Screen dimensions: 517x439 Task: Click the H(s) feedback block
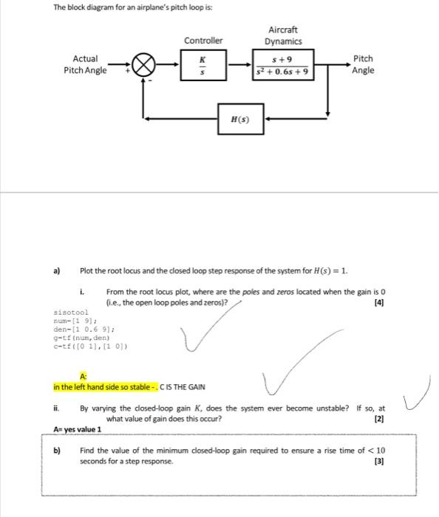(x=239, y=118)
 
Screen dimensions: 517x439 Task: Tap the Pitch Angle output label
(x=363, y=64)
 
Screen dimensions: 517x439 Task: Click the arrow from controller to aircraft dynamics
(x=237, y=65)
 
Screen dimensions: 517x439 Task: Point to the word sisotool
(x=71, y=312)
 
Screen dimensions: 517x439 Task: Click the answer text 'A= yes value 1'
(x=78, y=429)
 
